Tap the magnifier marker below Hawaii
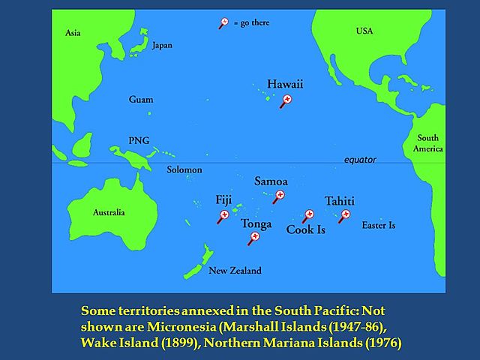click(286, 100)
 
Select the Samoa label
click(271, 181)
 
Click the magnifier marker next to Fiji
click(223, 216)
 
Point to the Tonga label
click(256, 223)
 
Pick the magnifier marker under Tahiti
click(345, 215)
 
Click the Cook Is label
click(306, 230)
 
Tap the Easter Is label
click(378, 225)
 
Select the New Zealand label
click(235, 271)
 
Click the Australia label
click(109, 212)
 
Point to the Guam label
click(141, 99)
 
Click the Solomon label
click(184, 169)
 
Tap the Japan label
click(162, 45)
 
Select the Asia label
click(73, 33)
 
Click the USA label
click(364, 30)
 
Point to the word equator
click(360, 160)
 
